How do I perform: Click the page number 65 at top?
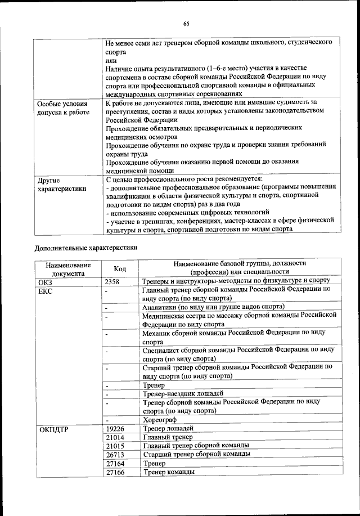click(186, 23)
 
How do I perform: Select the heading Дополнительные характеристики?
click(87, 247)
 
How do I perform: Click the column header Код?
click(120, 269)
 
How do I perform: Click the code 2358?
click(114, 282)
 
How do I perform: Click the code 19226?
click(116, 430)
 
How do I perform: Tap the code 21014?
click(116, 438)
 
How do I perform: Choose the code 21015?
click(116, 447)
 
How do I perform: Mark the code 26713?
click(116, 455)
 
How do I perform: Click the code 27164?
click(116, 464)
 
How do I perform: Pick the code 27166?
click(116, 473)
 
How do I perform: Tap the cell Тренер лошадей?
click(168, 429)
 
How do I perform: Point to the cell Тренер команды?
click(169, 472)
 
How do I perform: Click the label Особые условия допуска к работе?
click(62, 109)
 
